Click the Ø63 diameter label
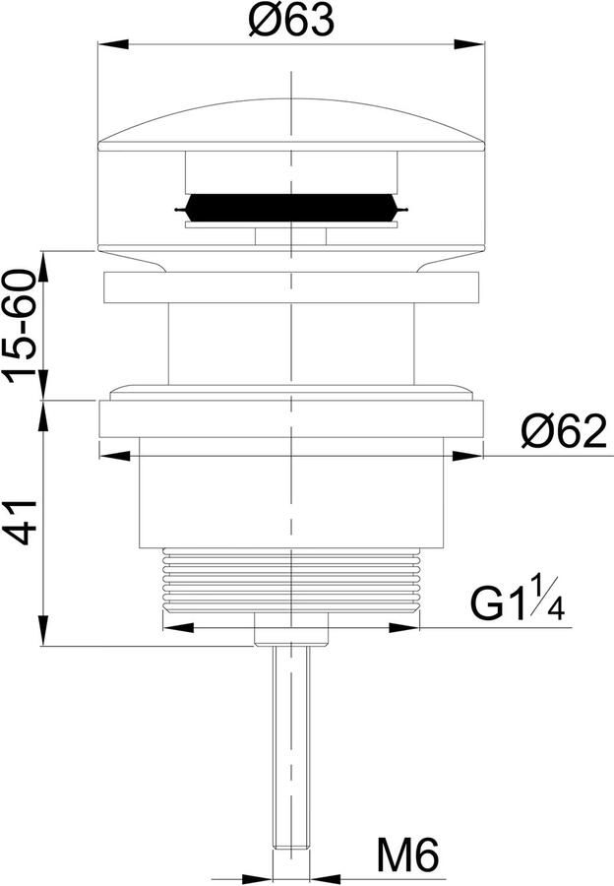(x=292, y=21)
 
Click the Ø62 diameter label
(x=564, y=432)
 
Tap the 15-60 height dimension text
(x=20, y=327)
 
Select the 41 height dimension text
(x=21, y=522)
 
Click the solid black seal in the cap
(x=291, y=208)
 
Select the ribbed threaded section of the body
(x=291, y=579)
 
